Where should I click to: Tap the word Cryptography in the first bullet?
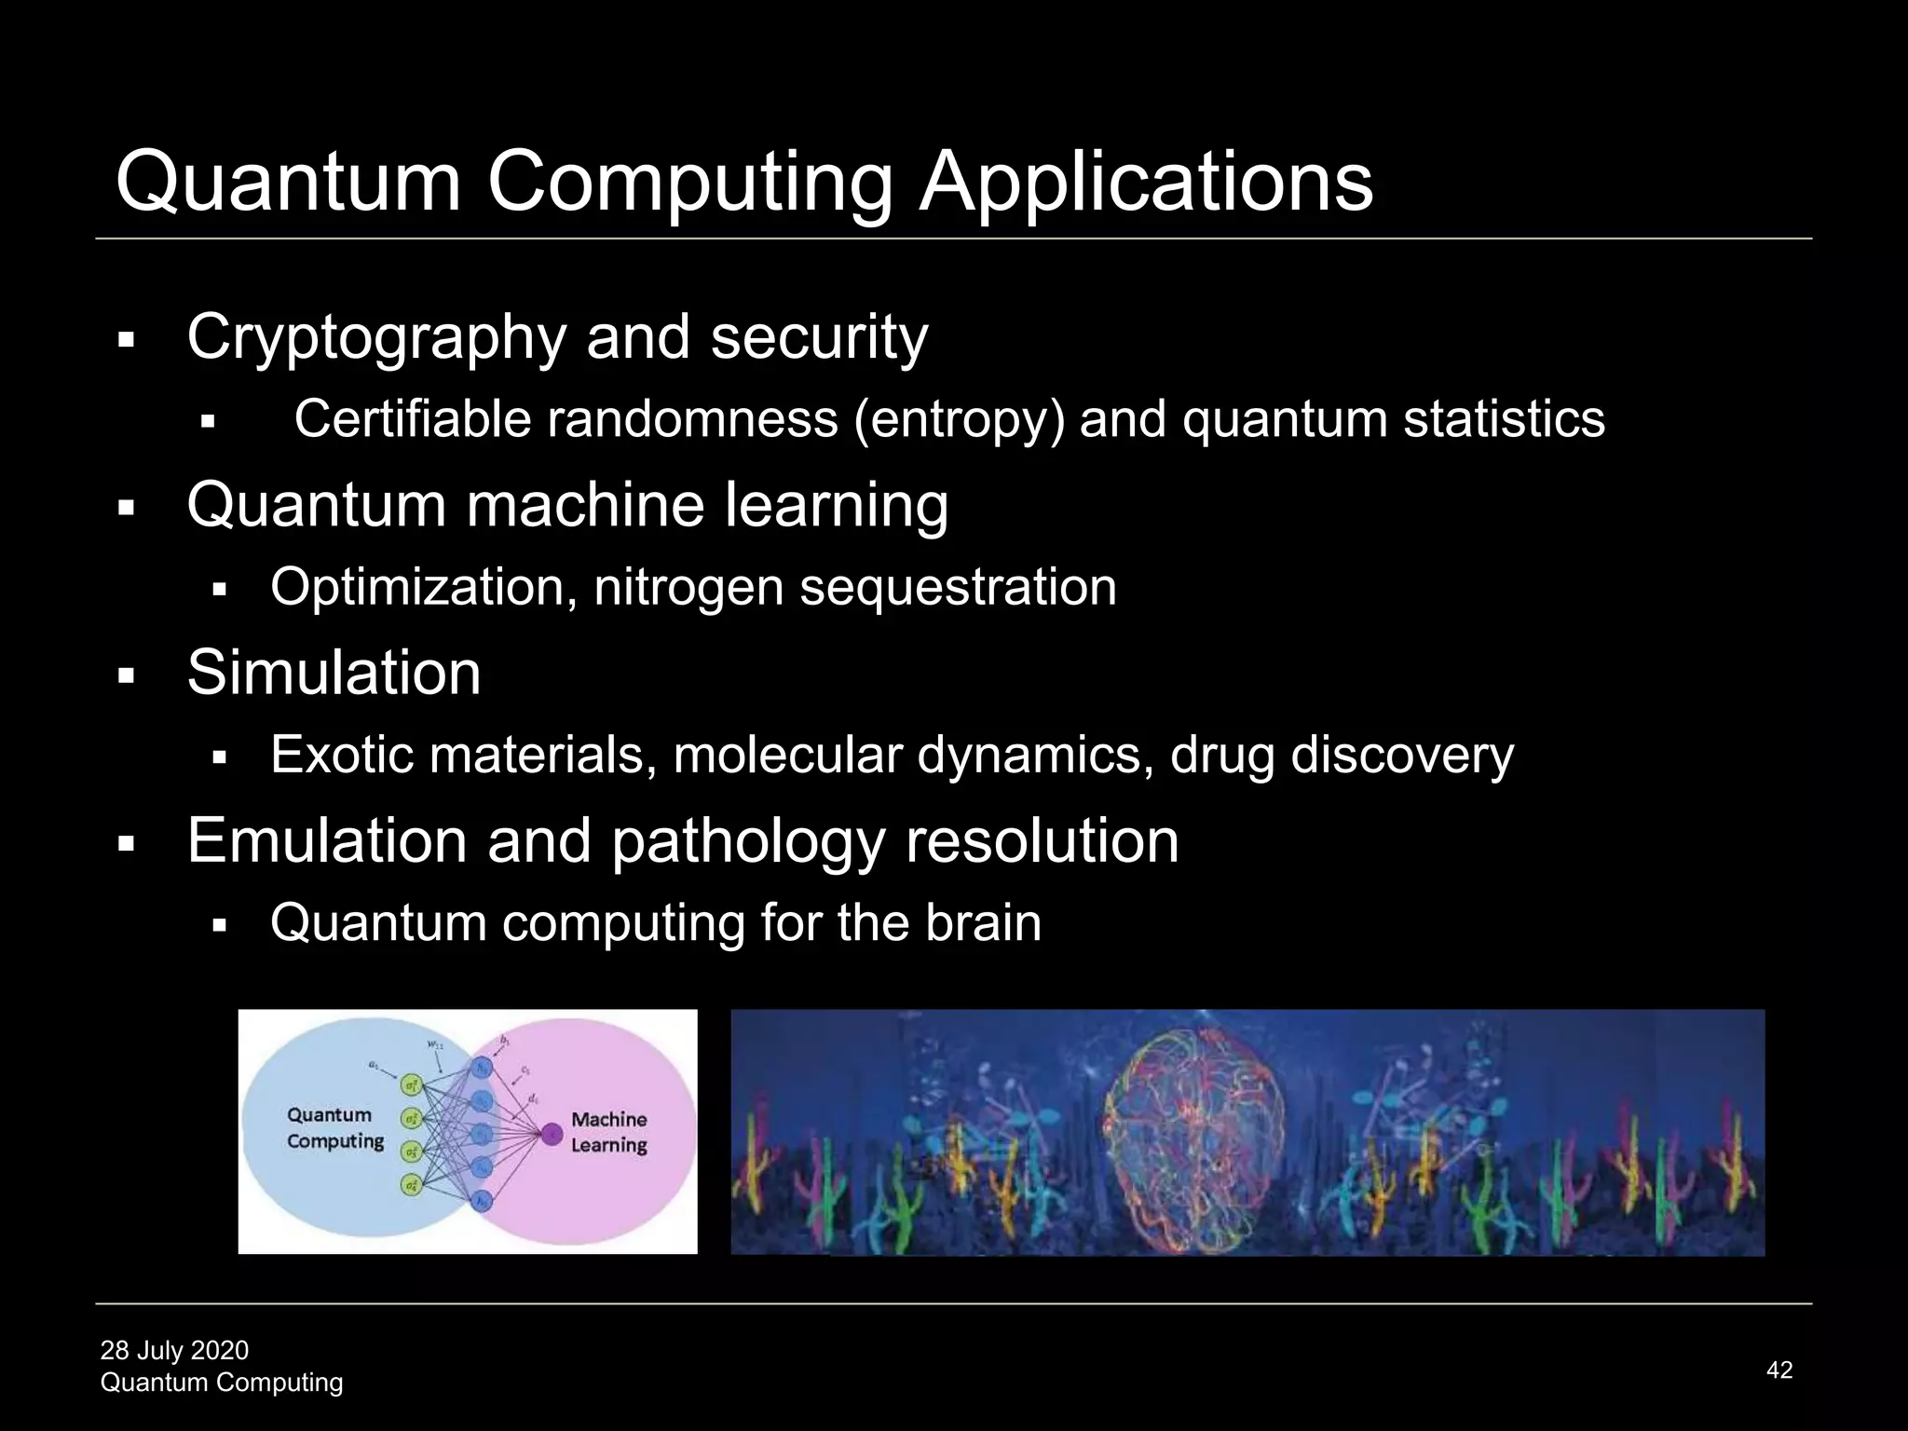click(x=376, y=337)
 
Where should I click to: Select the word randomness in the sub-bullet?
click(x=692, y=419)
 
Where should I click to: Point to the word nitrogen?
click(x=688, y=588)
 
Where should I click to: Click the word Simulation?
click(x=334, y=673)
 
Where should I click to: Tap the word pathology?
click(x=747, y=841)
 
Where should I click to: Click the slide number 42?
click(x=1779, y=1370)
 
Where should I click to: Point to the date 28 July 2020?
click(x=174, y=1350)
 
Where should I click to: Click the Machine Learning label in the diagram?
click(x=608, y=1132)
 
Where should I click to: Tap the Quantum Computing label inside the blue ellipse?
click(x=334, y=1128)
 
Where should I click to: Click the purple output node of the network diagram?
click(x=552, y=1134)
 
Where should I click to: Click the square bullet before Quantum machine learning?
click(x=127, y=509)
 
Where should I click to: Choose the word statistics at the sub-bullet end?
click(x=1504, y=419)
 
